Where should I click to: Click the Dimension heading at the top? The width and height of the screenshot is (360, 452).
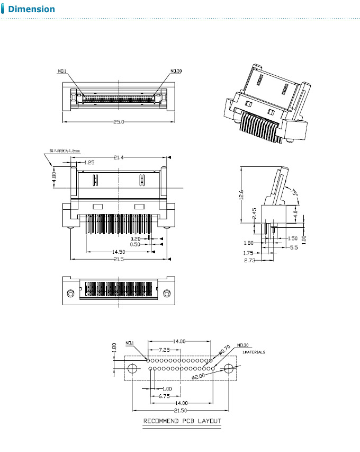tap(31, 9)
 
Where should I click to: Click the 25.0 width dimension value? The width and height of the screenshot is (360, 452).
tap(119, 122)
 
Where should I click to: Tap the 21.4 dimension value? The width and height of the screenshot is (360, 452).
tap(119, 157)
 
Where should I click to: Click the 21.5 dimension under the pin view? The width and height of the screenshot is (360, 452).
tap(119, 259)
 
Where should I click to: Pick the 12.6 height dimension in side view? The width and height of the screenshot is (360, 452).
tap(241, 195)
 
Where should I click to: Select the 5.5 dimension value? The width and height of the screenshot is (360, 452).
tap(293, 247)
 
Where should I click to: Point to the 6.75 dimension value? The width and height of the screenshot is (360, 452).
tap(163, 396)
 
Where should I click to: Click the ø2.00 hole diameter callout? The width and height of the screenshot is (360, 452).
tap(198, 376)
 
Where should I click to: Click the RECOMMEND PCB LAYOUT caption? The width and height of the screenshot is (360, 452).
tap(182, 421)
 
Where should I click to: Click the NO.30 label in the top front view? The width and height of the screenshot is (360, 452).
tap(176, 71)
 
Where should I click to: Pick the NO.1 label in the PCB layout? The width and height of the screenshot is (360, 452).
tap(130, 343)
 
